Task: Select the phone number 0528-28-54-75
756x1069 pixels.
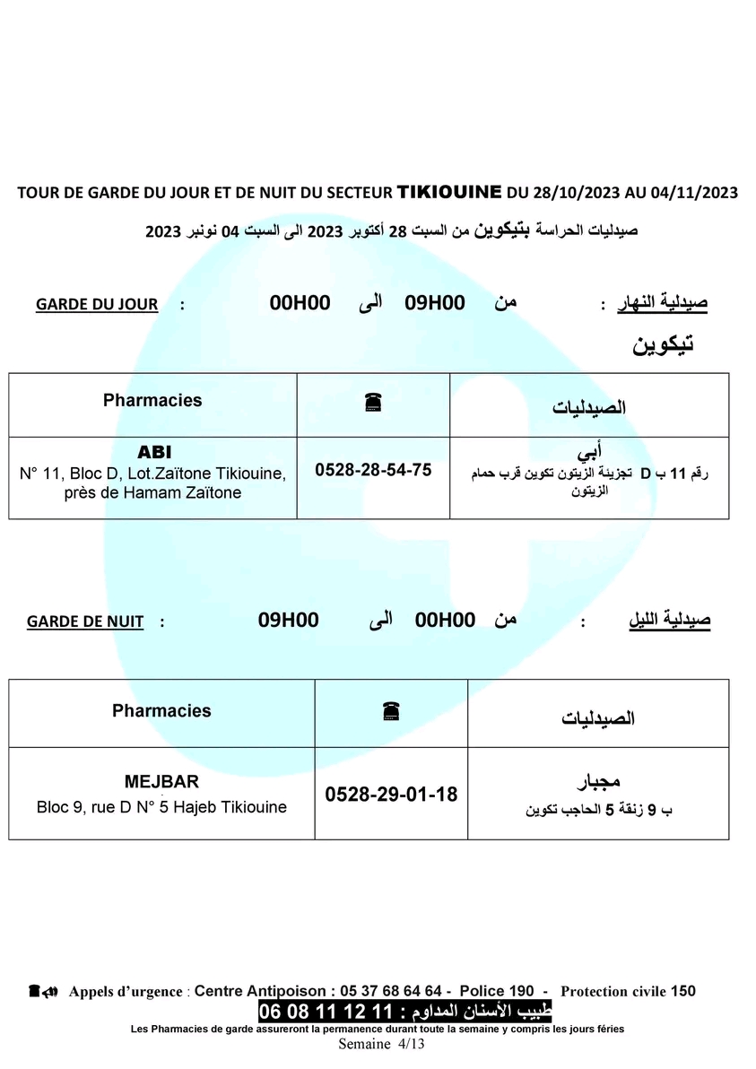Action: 373,470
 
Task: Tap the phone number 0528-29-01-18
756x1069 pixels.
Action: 391,794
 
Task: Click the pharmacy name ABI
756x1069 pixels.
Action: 153,452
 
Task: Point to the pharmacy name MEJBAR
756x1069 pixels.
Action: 162,781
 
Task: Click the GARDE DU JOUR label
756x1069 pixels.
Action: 97,304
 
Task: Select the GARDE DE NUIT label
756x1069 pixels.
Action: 85,621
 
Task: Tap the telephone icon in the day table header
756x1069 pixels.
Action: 373,404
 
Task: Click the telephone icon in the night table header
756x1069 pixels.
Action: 390,710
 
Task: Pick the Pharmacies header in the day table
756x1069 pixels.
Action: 152,400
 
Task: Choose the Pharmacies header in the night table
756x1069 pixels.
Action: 161,710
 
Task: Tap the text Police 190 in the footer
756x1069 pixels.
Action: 497,991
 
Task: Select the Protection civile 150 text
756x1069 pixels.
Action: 628,991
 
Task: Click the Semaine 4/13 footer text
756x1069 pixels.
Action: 381,1044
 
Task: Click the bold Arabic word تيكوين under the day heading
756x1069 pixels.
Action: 665,344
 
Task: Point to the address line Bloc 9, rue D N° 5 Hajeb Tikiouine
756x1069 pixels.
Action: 162,806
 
